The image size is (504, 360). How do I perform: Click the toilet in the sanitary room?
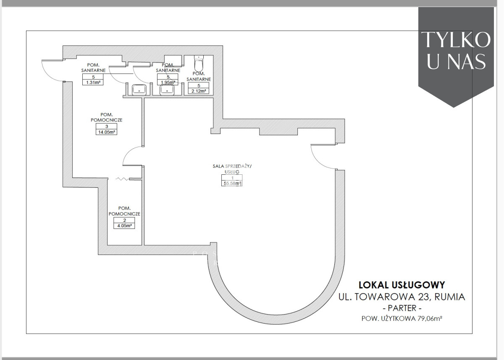(199, 63)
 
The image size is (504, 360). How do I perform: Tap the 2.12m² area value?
(199, 91)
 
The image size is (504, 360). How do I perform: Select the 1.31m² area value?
(93, 82)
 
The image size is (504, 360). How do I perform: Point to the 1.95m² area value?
(168, 82)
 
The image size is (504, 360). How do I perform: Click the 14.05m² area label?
(107, 132)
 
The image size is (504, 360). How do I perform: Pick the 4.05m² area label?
(124, 226)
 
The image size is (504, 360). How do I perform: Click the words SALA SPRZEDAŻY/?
(232, 166)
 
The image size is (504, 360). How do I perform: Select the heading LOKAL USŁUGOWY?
(402, 285)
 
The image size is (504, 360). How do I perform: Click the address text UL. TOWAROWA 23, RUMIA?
(402, 297)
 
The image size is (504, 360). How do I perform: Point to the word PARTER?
(402, 308)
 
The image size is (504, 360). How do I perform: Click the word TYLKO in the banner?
(456, 40)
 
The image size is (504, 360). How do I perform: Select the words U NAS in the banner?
(456, 61)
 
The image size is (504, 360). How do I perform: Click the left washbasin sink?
(139, 89)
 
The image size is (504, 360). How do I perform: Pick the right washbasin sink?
(167, 89)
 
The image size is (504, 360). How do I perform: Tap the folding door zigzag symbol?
(122, 179)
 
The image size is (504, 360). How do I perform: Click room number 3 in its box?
(107, 126)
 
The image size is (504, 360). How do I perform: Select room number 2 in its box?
(124, 220)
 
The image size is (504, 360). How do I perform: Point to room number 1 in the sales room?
(232, 178)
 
